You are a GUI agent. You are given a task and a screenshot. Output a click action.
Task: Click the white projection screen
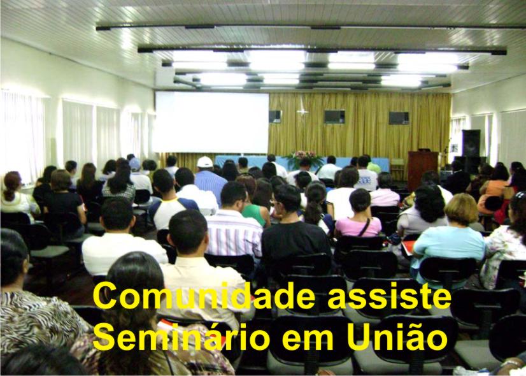coord(211,122)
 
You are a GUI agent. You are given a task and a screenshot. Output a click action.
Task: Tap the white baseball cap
coord(204,162)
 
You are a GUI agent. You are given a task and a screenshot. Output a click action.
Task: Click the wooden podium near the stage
coord(422,170)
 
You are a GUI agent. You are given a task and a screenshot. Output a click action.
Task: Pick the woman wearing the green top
coord(254,201)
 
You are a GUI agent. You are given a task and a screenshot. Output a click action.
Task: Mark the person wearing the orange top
coord(492,190)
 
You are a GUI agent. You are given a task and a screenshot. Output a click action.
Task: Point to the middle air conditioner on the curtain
coord(334,117)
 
